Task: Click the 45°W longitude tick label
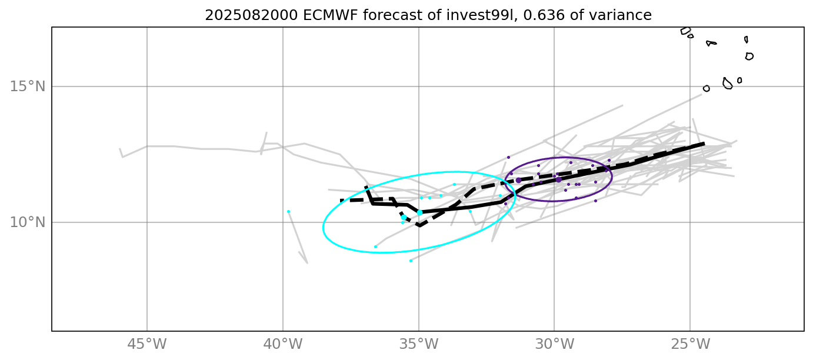click(x=147, y=344)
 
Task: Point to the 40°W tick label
click(x=283, y=344)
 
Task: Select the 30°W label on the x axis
click(x=554, y=344)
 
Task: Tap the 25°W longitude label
click(x=690, y=344)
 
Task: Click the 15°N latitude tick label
click(x=28, y=86)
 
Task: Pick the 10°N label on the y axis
click(x=28, y=222)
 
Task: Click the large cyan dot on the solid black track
click(x=419, y=212)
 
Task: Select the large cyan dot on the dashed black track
click(x=404, y=217)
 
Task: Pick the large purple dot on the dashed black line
click(x=518, y=180)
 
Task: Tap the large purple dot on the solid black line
click(x=558, y=179)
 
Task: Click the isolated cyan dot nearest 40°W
click(x=288, y=211)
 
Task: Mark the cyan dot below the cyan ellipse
click(x=411, y=261)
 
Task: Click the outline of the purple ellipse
click(x=612, y=176)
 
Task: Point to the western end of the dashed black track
click(x=341, y=201)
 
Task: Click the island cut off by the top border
click(x=685, y=31)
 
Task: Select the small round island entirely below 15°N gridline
click(x=707, y=89)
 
